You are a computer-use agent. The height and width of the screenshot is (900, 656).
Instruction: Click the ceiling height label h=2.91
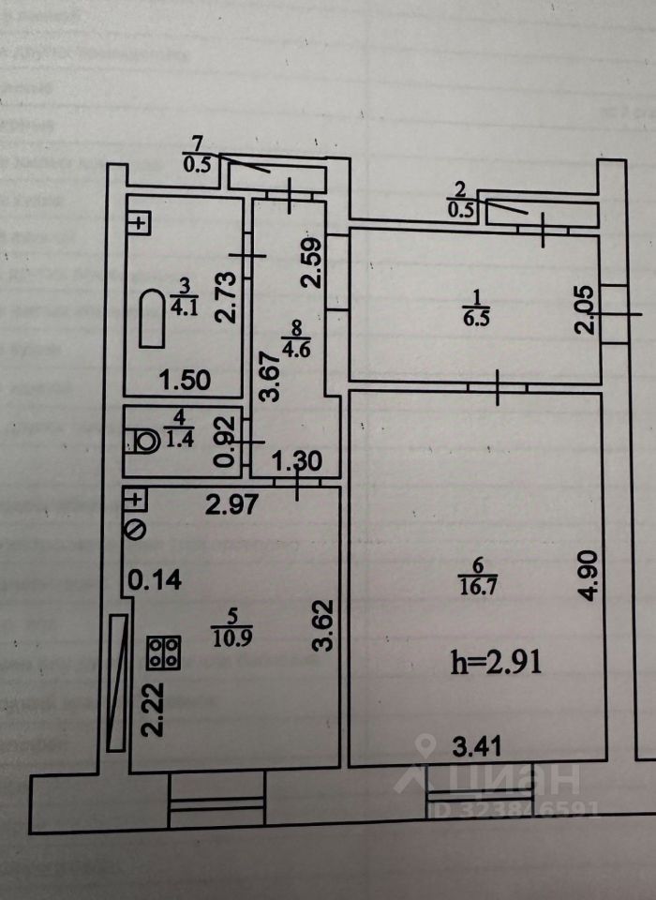coord(497,665)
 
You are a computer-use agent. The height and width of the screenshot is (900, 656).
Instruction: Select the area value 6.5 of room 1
coord(472,318)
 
